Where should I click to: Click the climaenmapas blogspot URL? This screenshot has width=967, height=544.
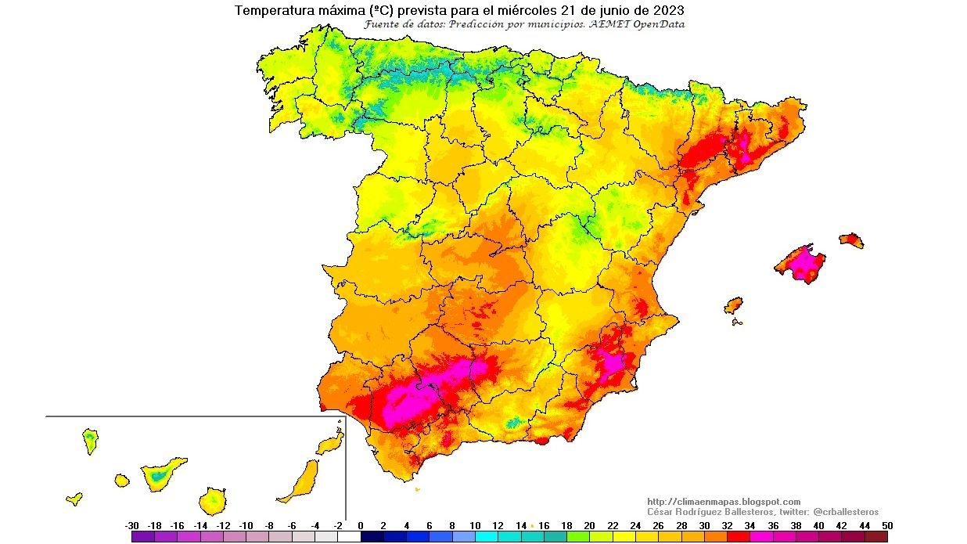coord(724,502)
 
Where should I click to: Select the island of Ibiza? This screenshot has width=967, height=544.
coord(733,304)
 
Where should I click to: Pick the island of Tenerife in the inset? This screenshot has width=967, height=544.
coord(163,474)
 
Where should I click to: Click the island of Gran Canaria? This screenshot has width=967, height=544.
coord(213,499)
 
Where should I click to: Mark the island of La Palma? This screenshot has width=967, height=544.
coord(91,441)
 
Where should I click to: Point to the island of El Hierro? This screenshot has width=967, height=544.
coord(74,498)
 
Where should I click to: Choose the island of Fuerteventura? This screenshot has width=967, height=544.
coord(301,481)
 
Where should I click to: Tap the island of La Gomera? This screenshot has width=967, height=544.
coord(121,479)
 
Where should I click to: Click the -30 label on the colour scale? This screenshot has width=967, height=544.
coord(131,526)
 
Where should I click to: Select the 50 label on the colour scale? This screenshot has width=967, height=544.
coord(886,526)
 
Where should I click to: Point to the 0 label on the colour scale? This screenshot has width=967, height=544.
coord(361,526)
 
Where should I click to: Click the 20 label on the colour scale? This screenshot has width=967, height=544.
coord(589,526)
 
